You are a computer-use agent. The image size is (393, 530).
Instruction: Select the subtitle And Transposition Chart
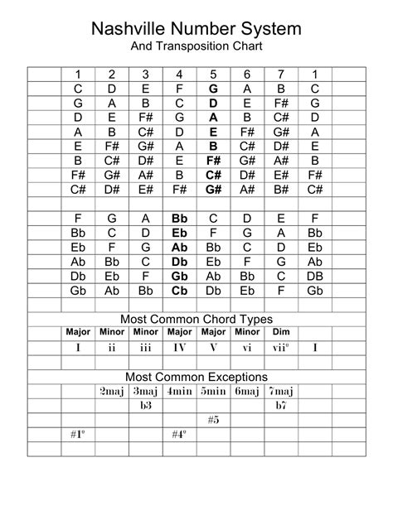click(x=196, y=47)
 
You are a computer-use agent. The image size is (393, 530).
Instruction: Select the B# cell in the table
click(x=281, y=189)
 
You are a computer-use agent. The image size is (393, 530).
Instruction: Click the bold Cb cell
click(x=179, y=290)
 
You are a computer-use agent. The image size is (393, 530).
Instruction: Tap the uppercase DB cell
click(x=315, y=276)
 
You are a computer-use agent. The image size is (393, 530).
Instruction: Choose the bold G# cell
click(x=213, y=189)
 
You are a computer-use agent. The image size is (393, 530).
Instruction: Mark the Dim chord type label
click(x=281, y=332)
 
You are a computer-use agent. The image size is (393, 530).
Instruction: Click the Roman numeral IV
click(x=179, y=347)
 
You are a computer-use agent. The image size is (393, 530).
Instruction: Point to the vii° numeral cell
click(x=281, y=347)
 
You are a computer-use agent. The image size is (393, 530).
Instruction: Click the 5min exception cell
click(x=213, y=391)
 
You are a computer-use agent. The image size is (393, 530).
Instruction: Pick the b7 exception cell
click(x=281, y=405)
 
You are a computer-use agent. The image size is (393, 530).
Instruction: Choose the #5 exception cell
click(x=213, y=419)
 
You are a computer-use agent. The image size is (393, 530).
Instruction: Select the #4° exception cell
click(x=179, y=433)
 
